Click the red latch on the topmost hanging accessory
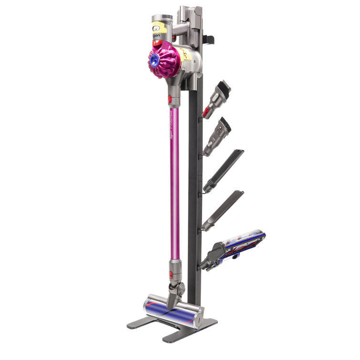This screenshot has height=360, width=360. point(206,112)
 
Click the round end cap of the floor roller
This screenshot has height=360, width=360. point(198,315)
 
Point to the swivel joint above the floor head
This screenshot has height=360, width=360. point(177,288)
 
